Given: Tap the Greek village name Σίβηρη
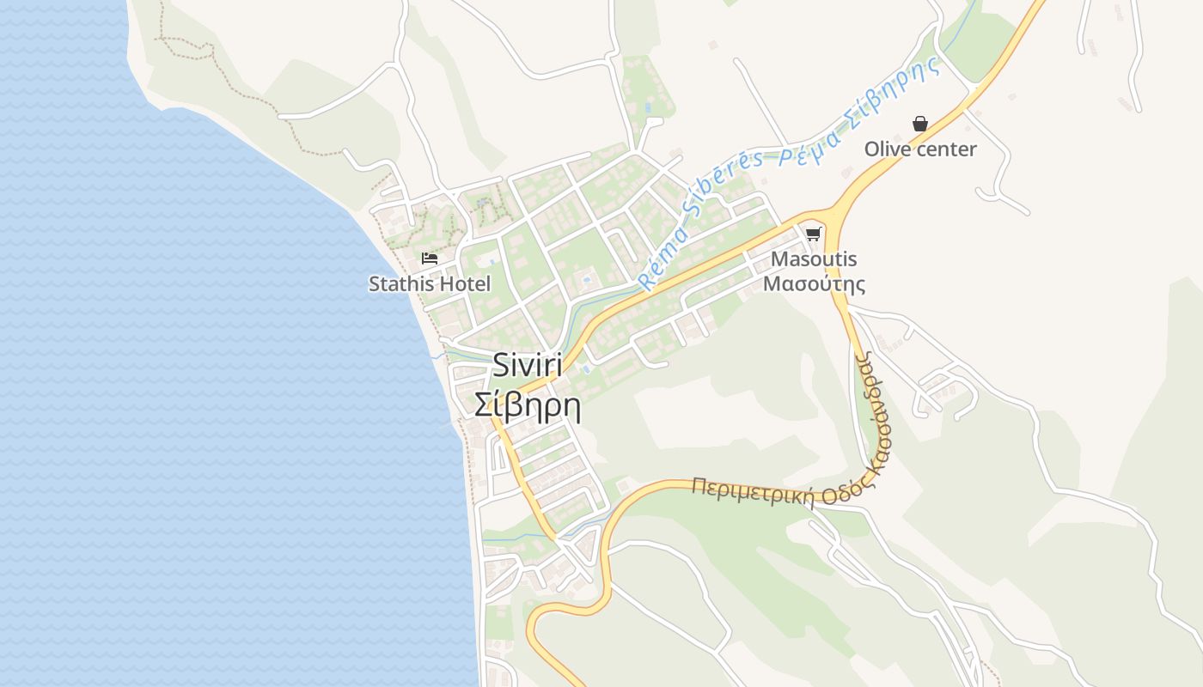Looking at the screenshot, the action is pyautogui.click(x=528, y=404).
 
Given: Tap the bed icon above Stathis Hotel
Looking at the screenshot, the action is pyautogui.click(x=430, y=258).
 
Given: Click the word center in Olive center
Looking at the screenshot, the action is pyautogui.click(x=945, y=149).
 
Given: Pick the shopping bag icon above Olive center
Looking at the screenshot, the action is pyautogui.click(x=920, y=125).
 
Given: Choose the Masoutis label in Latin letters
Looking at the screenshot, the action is pyautogui.click(x=814, y=259).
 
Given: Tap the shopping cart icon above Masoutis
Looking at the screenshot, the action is pyautogui.click(x=813, y=234).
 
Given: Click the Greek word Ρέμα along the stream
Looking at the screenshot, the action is pyautogui.click(x=801, y=150).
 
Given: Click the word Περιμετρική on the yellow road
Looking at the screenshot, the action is pyautogui.click(x=753, y=492).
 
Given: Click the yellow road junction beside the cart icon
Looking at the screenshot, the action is pyautogui.click(x=832, y=212).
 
